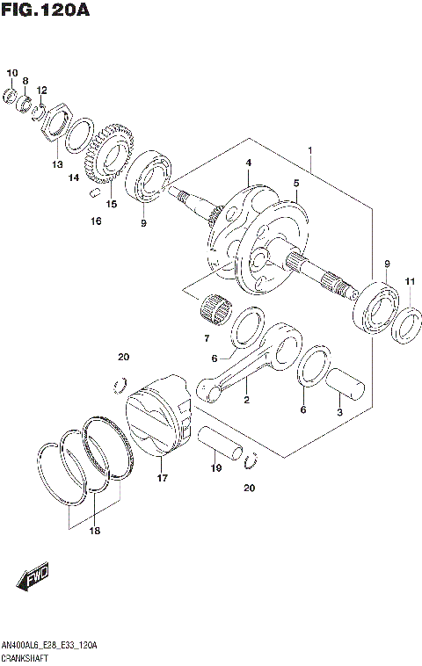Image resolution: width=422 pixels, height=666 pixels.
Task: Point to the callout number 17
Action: (162, 478)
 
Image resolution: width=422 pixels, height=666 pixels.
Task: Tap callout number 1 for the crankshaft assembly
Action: (310, 151)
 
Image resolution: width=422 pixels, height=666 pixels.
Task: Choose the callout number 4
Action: (249, 163)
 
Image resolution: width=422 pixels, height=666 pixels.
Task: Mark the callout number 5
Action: (297, 183)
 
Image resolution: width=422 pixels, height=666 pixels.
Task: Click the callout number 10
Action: (11, 72)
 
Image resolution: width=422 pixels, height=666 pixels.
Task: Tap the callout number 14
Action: (75, 177)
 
